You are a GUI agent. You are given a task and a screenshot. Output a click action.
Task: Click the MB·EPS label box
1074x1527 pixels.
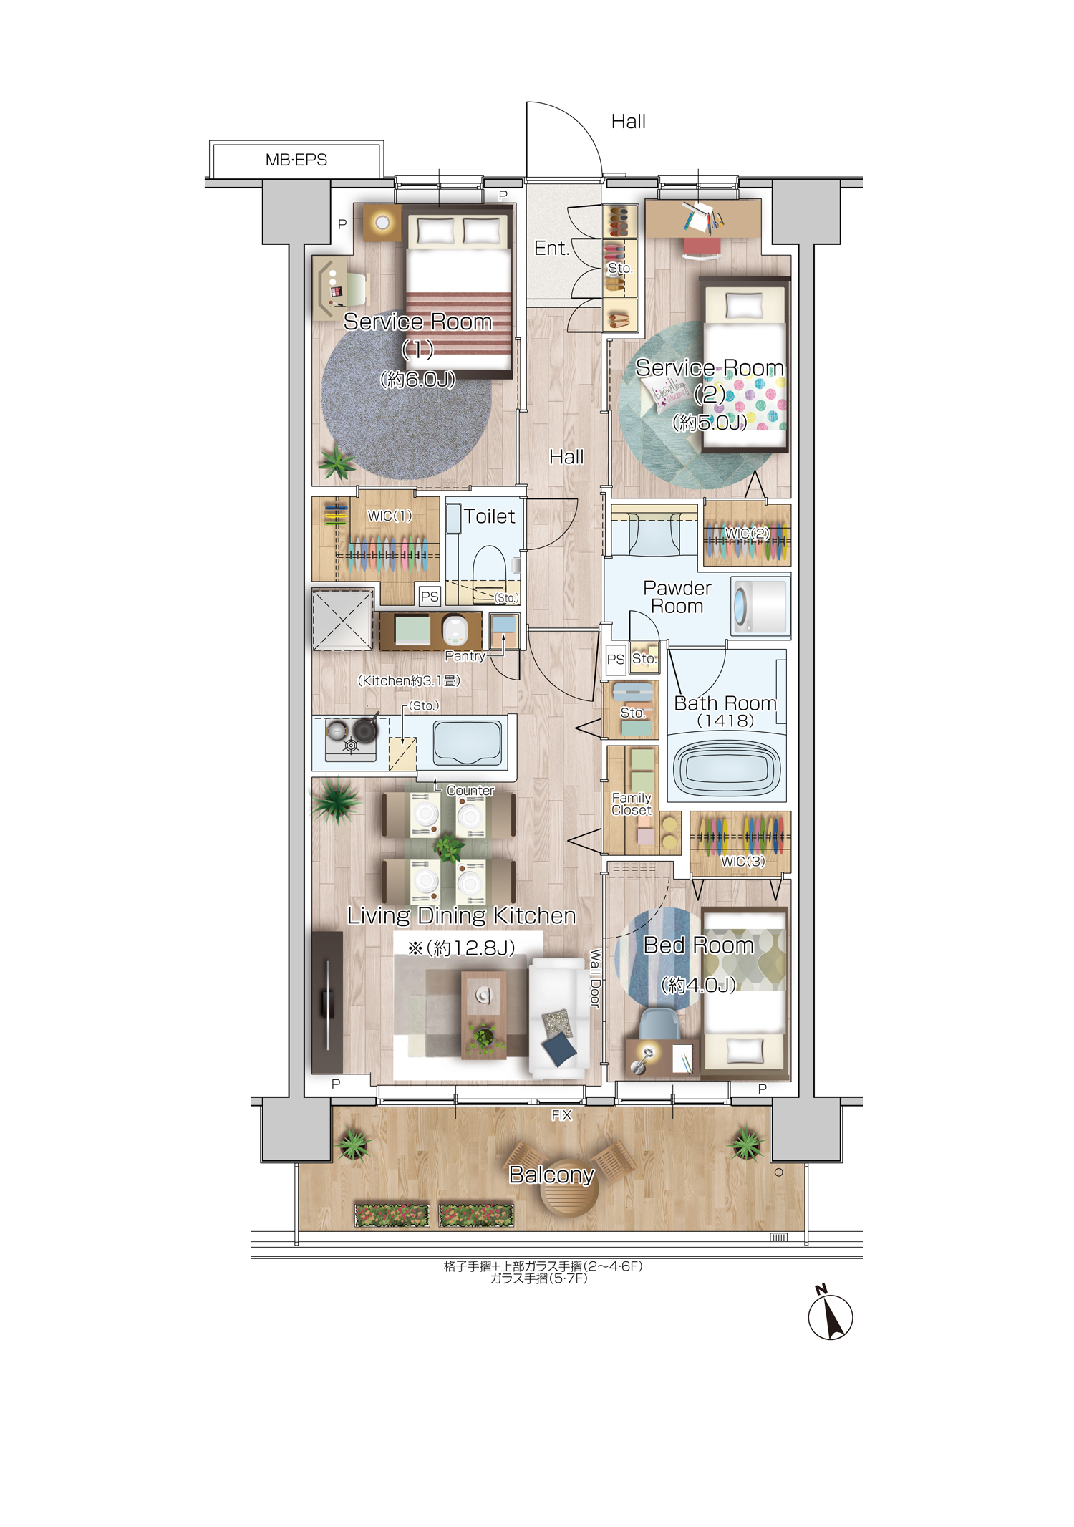point(296,160)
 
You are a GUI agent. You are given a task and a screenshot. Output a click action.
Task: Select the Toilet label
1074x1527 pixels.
point(489,516)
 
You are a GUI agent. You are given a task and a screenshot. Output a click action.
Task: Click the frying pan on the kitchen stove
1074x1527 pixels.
point(365,728)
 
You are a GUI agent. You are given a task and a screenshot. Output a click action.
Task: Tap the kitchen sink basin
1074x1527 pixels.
point(468,743)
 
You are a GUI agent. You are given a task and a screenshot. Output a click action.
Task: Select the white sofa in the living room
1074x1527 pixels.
point(558,1018)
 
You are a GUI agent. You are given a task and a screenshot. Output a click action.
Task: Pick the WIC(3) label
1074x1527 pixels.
point(742,861)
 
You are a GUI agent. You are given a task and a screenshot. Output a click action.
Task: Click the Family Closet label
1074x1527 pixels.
point(632,804)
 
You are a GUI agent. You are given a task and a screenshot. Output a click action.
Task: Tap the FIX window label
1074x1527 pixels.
point(561,1115)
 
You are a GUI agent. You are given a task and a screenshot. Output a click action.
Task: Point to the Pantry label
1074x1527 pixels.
point(465,655)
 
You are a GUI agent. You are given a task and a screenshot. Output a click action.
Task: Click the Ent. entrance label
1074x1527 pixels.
point(551,249)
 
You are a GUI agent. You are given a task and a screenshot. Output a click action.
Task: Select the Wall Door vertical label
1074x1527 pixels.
point(594,978)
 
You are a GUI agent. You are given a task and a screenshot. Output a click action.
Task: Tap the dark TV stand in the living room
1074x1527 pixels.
point(327,1002)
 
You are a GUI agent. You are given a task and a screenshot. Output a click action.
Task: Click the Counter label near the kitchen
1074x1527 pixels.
point(470,790)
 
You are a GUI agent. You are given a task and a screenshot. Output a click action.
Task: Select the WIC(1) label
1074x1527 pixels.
point(390,516)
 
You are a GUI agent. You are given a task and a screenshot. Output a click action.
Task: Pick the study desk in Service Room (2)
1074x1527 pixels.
point(703,218)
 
